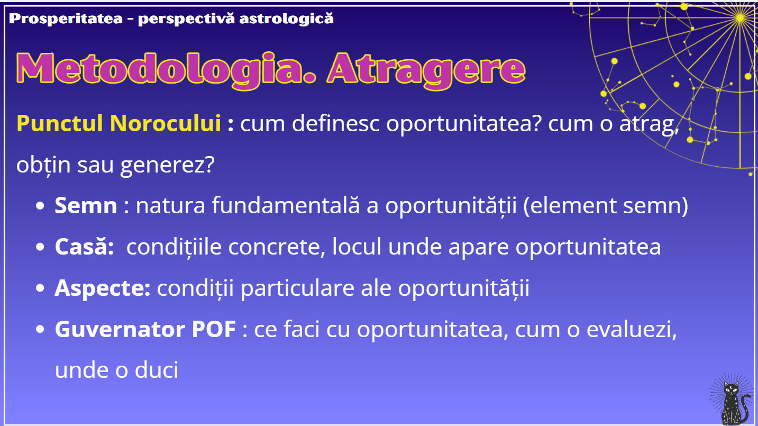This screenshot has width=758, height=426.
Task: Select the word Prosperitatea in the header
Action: pos(66,19)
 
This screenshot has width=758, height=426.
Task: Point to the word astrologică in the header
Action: pos(286,19)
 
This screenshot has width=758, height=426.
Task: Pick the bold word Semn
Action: pos(86,205)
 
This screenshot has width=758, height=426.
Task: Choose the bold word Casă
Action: pos(84,246)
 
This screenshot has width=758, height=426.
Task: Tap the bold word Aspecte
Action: pos(103,288)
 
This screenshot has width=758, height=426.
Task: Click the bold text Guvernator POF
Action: pos(145,329)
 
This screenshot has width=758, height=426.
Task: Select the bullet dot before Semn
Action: pos(40,206)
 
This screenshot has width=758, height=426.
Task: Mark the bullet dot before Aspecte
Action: pos(40,288)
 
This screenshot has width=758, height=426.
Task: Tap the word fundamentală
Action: pos(286,205)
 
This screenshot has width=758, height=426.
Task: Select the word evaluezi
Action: pos(632,329)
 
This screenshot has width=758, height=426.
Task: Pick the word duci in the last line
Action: pos(157,370)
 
